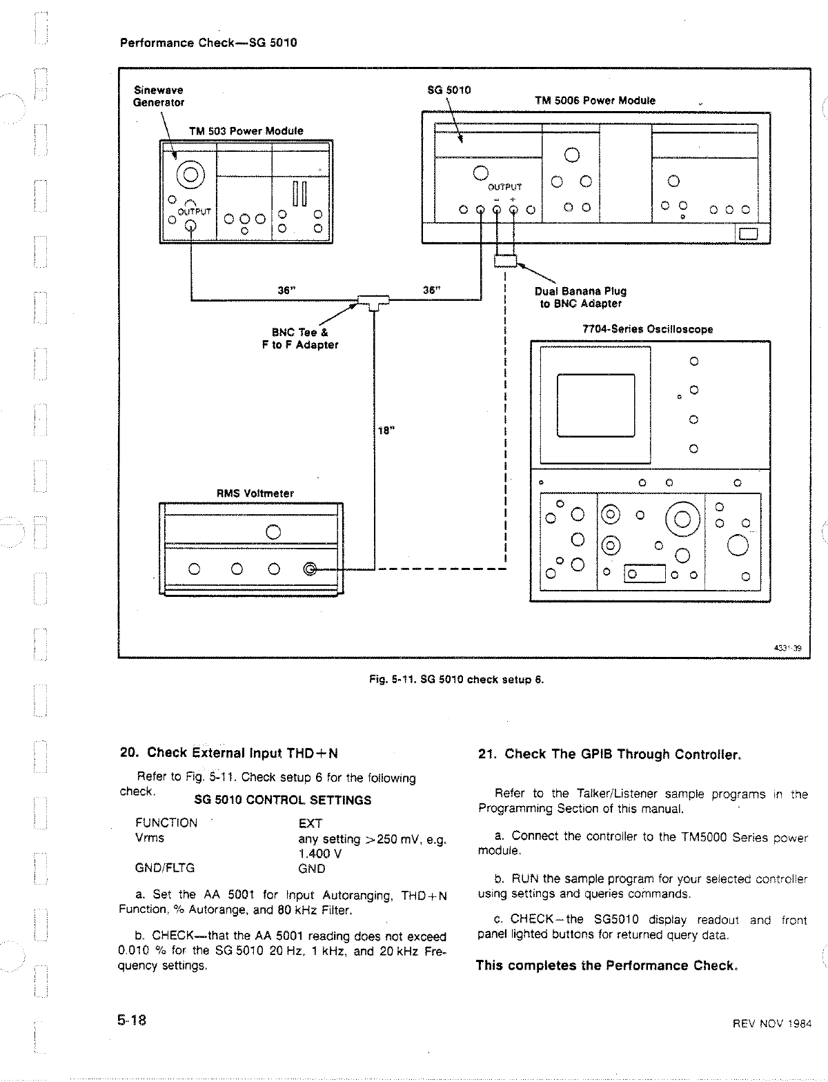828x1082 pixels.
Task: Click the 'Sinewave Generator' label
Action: [158, 96]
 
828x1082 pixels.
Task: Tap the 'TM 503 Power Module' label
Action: [246, 131]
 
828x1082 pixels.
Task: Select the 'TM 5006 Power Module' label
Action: [595, 101]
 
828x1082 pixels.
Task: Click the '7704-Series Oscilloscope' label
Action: [648, 329]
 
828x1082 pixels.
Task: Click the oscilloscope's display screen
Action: [595, 404]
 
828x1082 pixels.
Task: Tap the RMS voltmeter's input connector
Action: [310, 569]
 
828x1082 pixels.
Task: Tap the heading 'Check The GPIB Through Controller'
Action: [609, 754]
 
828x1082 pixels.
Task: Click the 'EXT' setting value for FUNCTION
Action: [310, 823]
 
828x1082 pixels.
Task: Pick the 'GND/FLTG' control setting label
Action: [165, 868]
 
